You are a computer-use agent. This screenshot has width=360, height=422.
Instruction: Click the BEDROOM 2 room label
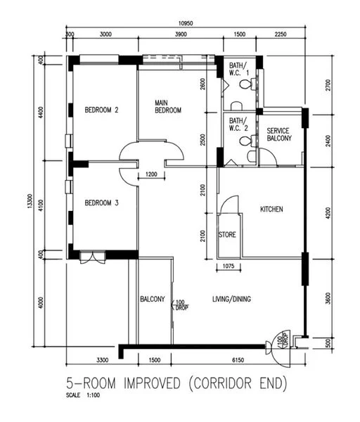click(101, 110)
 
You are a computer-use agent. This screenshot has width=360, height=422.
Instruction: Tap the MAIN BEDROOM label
click(168, 107)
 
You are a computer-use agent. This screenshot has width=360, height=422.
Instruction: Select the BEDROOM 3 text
click(101, 203)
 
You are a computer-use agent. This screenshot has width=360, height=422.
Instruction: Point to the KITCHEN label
click(271, 210)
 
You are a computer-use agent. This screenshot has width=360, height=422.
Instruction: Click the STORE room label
click(226, 234)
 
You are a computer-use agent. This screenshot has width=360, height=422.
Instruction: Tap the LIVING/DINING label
click(231, 299)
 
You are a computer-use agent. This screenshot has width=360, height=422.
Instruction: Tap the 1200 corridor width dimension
click(150, 174)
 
